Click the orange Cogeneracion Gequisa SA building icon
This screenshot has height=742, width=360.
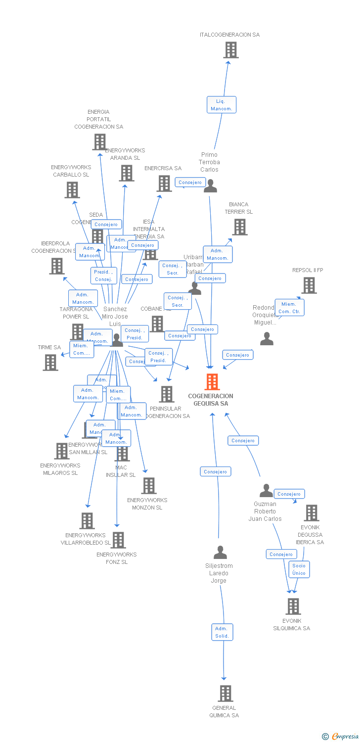(x=212, y=382)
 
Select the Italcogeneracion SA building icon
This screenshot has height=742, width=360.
(x=230, y=50)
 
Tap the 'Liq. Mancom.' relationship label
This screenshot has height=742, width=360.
(x=221, y=105)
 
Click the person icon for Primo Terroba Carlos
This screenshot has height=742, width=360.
(x=210, y=186)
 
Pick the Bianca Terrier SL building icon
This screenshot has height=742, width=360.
(x=240, y=227)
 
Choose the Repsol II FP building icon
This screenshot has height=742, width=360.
(x=309, y=285)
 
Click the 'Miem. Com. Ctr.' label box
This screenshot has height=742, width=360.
(x=289, y=308)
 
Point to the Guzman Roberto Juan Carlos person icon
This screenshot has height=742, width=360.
(x=266, y=491)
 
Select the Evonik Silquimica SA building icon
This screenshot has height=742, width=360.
(x=293, y=606)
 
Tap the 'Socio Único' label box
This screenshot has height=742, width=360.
(x=299, y=569)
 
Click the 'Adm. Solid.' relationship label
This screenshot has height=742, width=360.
(x=222, y=632)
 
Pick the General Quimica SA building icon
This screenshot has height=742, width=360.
(x=225, y=693)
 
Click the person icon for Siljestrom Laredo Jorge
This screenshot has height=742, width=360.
(x=220, y=552)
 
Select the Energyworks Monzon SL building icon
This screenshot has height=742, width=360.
(x=148, y=486)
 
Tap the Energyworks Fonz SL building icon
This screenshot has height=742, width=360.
(x=118, y=540)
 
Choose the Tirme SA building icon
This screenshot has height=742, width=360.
(x=50, y=363)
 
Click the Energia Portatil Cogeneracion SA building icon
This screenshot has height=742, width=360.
(x=99, y=142)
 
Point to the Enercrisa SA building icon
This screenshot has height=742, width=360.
(x=164, y=184)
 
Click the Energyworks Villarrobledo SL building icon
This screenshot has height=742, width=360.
(x=87, y=521)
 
